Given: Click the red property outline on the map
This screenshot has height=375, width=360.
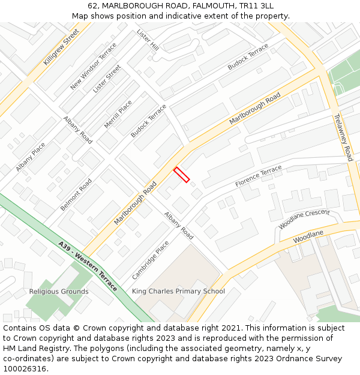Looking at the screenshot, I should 182,175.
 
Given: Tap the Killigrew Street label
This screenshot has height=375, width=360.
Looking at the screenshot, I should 61,47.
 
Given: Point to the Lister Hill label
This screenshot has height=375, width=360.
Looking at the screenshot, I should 148,40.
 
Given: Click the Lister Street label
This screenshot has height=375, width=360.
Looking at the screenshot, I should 107,79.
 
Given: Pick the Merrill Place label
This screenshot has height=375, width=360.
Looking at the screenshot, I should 118,114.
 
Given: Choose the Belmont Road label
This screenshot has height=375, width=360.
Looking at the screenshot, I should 76,194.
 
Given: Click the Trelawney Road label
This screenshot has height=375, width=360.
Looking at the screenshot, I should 343,137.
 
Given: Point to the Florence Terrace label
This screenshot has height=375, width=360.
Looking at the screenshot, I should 258,176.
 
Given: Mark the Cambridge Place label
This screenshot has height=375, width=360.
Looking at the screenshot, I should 151,260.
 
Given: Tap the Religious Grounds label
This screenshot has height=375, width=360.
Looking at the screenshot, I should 59,292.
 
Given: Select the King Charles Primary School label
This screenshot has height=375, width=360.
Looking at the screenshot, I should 178,292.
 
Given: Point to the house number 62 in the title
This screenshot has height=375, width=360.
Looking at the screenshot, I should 92,5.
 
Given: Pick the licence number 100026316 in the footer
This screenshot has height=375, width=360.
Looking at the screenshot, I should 25,369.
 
